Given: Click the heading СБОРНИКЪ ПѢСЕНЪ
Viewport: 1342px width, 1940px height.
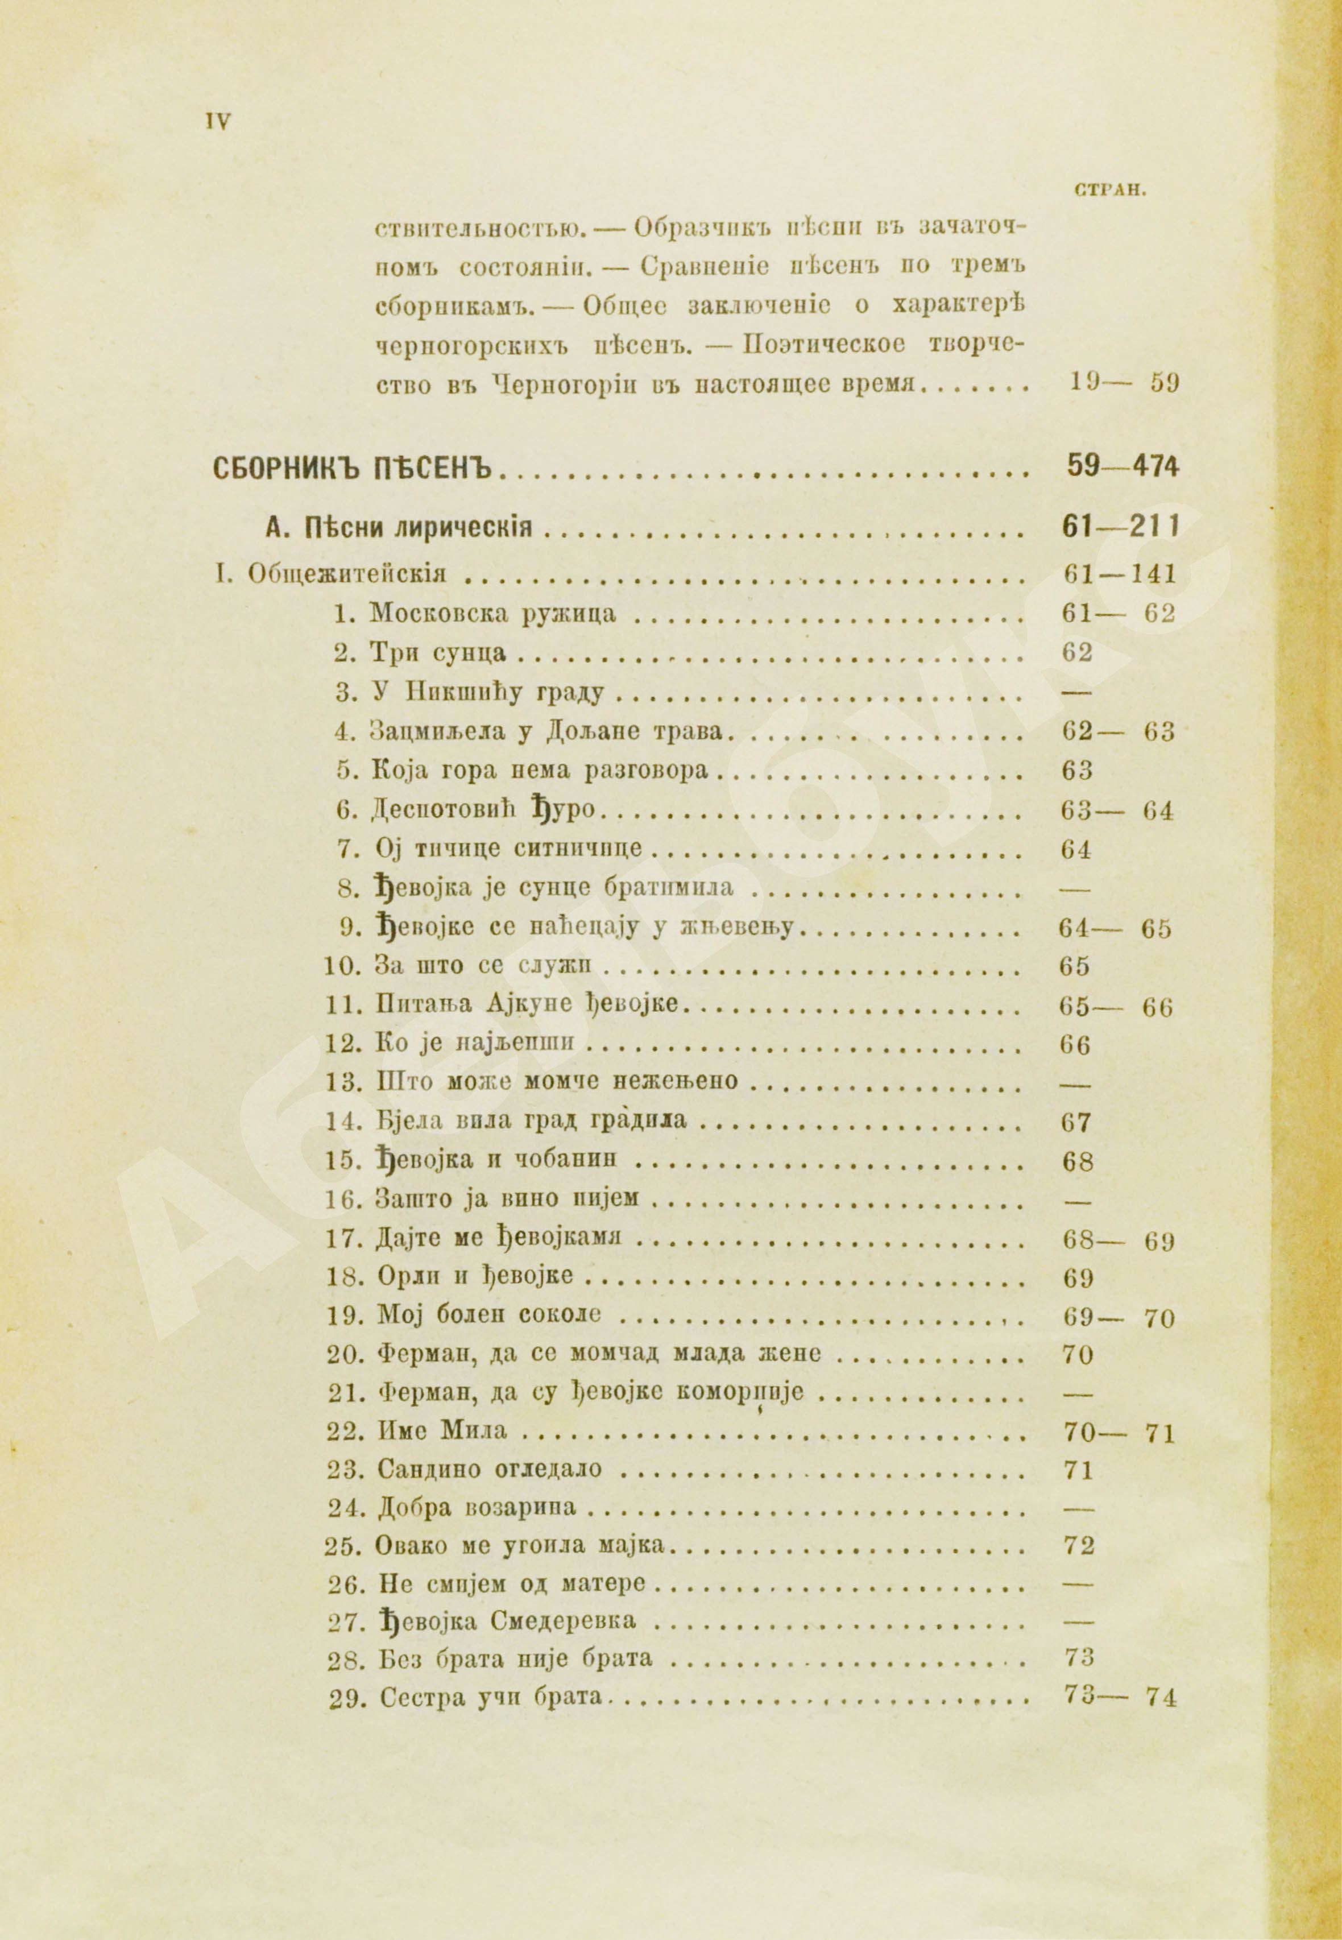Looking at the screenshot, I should pos(357,467).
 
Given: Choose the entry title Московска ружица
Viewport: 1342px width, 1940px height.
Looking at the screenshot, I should pos(494,613).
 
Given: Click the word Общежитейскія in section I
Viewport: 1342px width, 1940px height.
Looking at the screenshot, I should pos(346,574).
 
